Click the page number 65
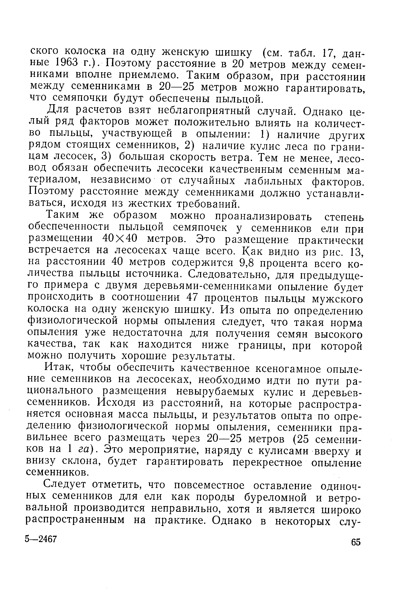[356, 542]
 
